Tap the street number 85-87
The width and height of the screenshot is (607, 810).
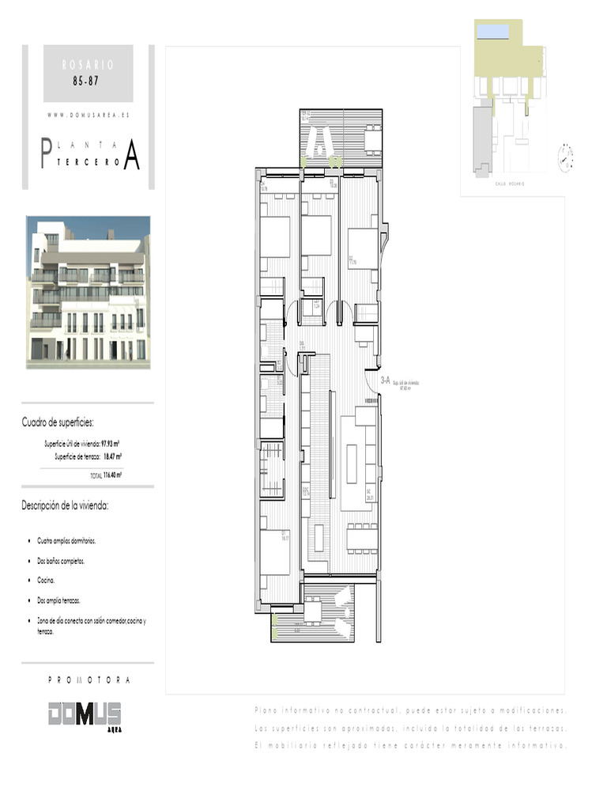pyautogui.click(x=88, y=81)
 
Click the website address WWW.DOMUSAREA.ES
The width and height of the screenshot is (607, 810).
pyautogui.click(x=88, y=115)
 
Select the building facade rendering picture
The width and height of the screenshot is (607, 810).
pyautogui.click(x=88, y=292)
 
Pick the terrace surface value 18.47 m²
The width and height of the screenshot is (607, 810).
pyautogui.click(x=111, y=456)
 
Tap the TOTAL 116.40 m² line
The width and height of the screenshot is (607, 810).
pyautogui.click(x=105, y=475)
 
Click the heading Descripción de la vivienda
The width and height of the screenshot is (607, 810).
pyautogui.click(x=65, y=505)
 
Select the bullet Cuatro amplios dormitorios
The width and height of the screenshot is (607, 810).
pyautogui.click(x=66, y=541)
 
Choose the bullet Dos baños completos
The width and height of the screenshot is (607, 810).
pyautogui.click(x=60, y=561)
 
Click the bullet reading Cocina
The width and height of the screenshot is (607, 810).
pyautogui.click(x=45, y=581)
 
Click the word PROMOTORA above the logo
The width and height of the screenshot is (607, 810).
pyautogui.click(x=89, y=680)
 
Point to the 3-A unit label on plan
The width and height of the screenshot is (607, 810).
pyautogui.click(x=386, y=380)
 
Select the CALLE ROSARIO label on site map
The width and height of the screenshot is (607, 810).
pyautogui.click(x=511, y=184)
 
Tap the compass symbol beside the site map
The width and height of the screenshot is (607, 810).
pyautogui.click(x=566, y=154)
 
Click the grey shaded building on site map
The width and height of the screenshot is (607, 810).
pyautogui.click(x=481, y=138)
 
